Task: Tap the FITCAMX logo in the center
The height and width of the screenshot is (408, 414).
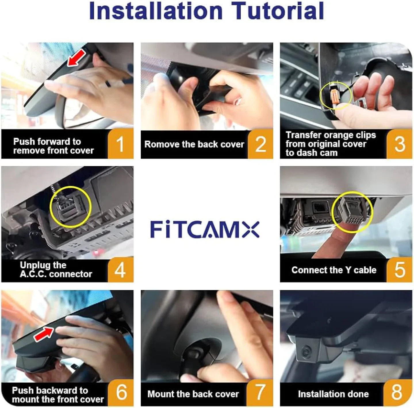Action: click(x=205, y=229)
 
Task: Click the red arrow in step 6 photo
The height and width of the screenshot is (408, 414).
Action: click(x=43, y=334)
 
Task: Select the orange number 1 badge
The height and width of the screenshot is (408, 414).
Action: click(x=120, y=144)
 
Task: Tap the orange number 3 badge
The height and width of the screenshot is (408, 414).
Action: click(x=400, y=144)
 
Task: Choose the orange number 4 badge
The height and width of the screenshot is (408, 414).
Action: click(x=120, y=270)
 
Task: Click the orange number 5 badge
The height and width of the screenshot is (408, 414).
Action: click(x=400, y=270)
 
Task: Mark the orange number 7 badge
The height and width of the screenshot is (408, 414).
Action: click(x=260, y=392)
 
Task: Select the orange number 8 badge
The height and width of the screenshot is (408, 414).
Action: click(x=397, y=392)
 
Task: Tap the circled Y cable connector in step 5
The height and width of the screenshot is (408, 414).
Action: click(x=352, y=212)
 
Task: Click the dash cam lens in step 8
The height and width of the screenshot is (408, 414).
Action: click(x=306, y=351)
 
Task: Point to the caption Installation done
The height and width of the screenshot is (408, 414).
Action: click(x=333, y=394)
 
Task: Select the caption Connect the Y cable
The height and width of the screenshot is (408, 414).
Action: click(x=333, y=270)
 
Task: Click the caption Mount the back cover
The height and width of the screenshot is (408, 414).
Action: click(x=193, y=394)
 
